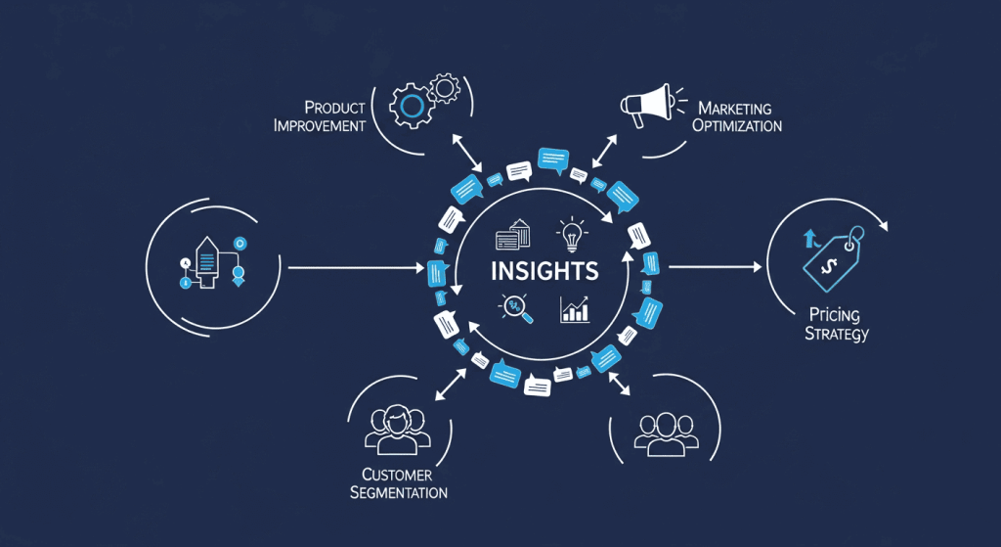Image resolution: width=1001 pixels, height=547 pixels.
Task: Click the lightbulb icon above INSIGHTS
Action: tap(571, 233)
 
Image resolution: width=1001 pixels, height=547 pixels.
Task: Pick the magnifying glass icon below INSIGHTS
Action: tap(514, 307)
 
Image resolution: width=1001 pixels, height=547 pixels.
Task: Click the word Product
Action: tap(334, 107)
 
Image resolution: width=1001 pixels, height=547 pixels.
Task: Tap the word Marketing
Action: tap(735, 108)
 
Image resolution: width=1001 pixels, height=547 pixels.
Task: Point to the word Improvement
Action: tap(320, 125)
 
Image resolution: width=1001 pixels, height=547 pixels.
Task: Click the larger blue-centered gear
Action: tap(410, 105)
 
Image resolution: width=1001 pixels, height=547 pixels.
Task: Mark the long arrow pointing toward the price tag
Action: tap(715, 266)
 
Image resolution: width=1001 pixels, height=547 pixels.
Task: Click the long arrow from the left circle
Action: tap(356, 266)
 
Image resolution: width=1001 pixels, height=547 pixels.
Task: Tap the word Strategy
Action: tap(837, 335)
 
